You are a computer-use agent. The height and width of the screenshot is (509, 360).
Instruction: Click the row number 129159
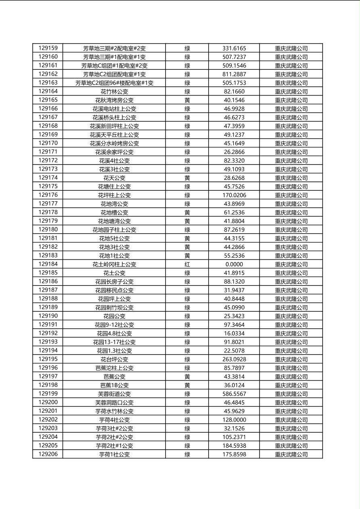point(48,48)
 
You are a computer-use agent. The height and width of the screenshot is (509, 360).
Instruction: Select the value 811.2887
point(234,74)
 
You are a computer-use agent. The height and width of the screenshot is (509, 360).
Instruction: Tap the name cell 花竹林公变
point(114,92)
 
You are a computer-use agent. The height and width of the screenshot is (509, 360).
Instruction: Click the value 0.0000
point(234,264)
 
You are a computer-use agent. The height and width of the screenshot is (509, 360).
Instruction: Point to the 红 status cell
point(187,264)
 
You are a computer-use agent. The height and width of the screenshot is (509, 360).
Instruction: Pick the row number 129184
point(48,264)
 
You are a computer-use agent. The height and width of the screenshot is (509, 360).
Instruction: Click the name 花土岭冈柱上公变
point(114,264)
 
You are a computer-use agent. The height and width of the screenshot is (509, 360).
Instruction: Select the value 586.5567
point(234,394)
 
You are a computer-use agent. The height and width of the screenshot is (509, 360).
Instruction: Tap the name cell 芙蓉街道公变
point(114,394)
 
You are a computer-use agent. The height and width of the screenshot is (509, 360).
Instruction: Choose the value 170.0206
point(234,195)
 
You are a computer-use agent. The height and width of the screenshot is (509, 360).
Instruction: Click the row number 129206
point(48,454)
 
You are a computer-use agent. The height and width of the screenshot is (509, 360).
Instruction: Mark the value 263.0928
point(234,359)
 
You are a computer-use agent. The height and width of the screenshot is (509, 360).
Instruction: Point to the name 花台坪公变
point(114,359)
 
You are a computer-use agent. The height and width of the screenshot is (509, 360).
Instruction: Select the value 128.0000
point(234,420)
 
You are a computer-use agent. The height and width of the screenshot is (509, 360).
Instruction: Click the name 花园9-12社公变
point(114,325)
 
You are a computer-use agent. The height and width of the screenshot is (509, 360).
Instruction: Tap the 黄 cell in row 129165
point(187,100)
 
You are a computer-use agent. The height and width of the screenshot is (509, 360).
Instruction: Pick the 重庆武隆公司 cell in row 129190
point(291,316)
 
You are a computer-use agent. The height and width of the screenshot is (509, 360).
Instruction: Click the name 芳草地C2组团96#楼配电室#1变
point(114,83)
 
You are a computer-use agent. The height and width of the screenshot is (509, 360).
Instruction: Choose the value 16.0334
point(234,334)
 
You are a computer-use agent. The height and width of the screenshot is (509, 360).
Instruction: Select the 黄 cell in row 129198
point(187,385)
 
